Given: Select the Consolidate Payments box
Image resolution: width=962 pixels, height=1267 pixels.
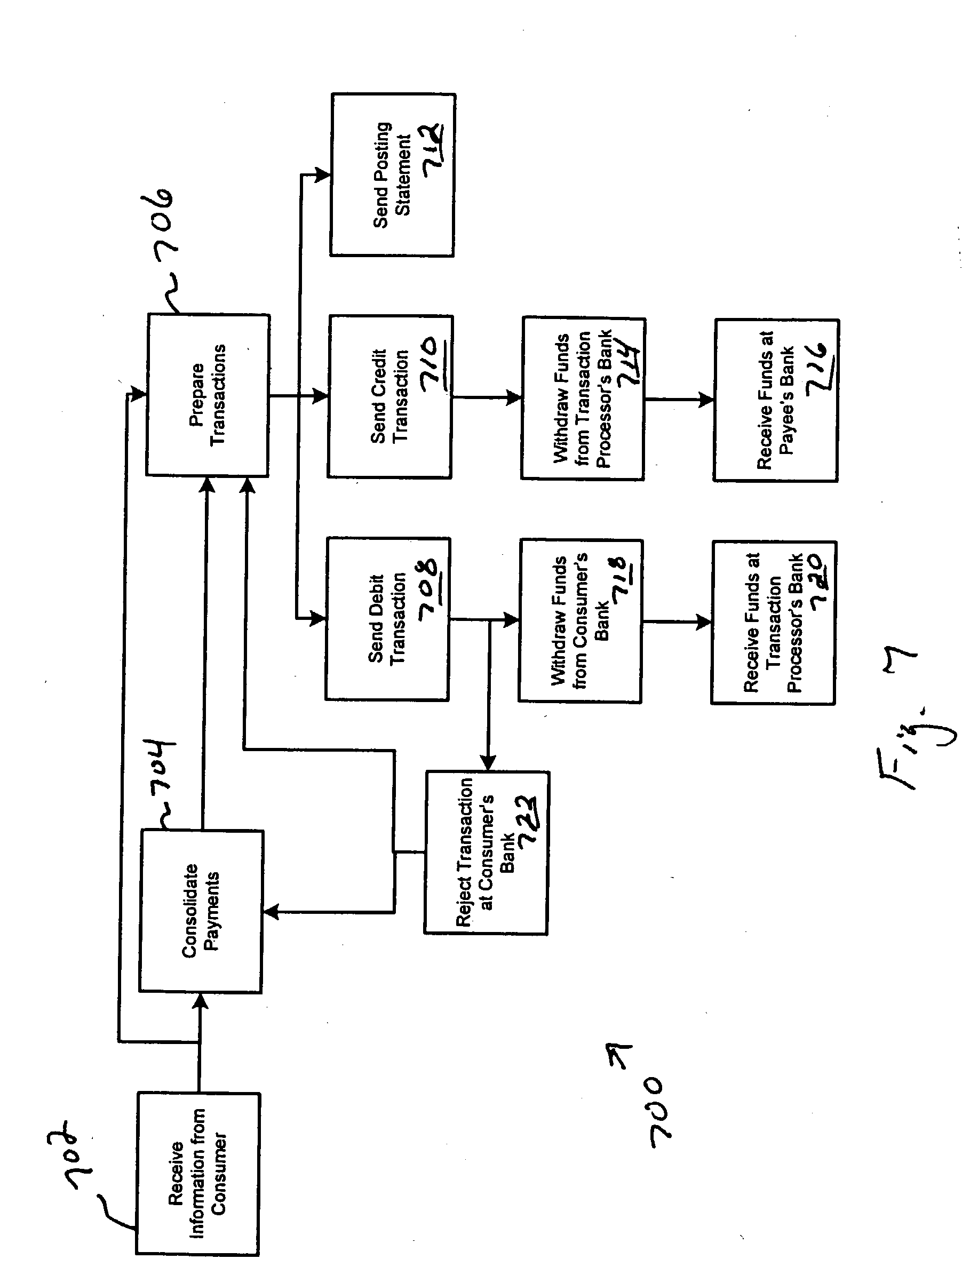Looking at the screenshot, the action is point(201,911).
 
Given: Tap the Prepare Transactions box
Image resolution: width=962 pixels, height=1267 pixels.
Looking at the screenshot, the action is point(208,395).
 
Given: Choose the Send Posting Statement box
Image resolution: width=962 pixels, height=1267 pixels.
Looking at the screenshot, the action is point(393,174).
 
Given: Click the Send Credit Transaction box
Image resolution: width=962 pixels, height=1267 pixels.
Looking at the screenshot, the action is point(390,396).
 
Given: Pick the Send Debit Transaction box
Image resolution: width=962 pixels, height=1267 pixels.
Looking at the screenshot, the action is point(388,619).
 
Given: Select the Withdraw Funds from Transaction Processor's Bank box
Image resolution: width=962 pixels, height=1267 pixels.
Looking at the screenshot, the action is point(583,398).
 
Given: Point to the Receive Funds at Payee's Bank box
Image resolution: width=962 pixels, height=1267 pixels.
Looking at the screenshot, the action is point(776,400).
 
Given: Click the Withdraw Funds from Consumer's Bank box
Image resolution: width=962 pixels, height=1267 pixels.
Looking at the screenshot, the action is point(581,621).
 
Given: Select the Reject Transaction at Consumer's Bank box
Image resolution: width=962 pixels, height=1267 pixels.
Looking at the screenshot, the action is point(487,853).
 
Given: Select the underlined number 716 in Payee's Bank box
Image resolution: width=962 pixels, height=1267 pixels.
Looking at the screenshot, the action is point(820,370).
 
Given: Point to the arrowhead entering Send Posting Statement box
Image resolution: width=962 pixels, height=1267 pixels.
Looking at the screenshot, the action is point(323,174).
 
